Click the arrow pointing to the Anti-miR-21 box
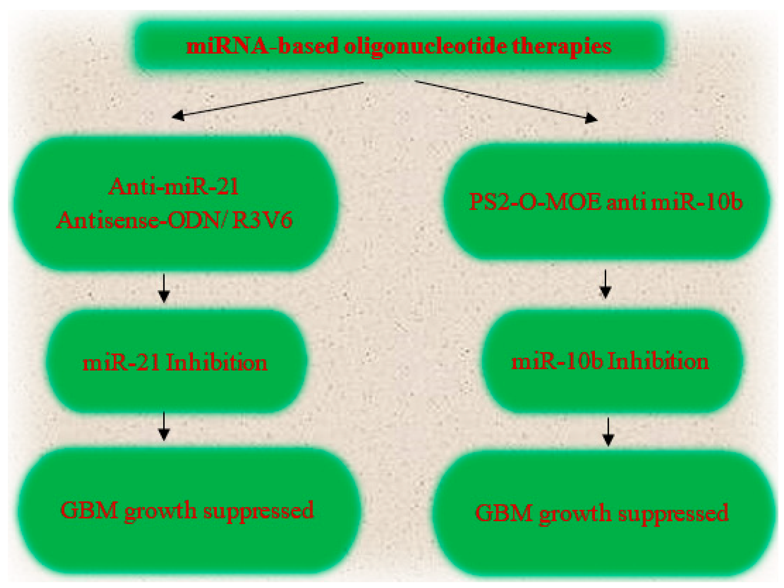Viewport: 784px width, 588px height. click(268, 101)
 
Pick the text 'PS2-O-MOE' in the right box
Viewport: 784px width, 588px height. click(535, 202)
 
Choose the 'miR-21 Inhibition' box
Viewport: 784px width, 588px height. click(176, 361)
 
